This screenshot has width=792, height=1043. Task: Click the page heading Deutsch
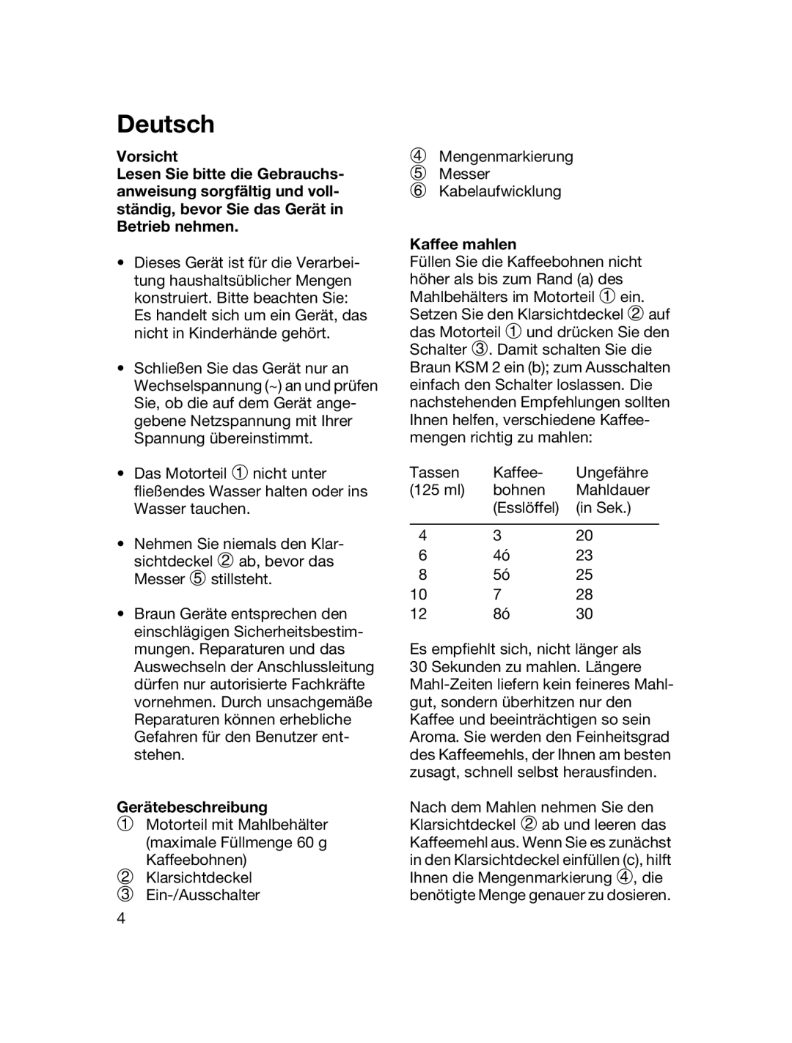point(166,125)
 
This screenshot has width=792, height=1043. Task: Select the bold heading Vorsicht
point(147,156)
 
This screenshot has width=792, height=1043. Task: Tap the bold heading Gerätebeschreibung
point(192,807)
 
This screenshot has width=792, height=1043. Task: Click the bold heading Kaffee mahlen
point(463,244)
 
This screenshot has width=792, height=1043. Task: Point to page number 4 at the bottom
point(121,919)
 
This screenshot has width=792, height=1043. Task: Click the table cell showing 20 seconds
point(584,536)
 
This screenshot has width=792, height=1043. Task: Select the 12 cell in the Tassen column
point(418,614)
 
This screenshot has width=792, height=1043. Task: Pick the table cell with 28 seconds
point(584,594)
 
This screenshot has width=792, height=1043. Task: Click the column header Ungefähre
point(612,473)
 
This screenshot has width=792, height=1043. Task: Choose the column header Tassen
point(434,473)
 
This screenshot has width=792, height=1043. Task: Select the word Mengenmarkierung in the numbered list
point(505,156)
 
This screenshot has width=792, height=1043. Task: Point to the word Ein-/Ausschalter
point(202,895)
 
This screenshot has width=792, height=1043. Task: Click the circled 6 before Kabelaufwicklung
point(417,191)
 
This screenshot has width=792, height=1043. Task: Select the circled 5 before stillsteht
point(198,579)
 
